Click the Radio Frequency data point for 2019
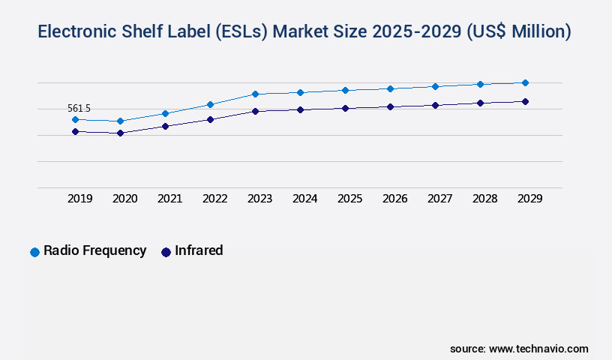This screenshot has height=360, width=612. [x=75, y=119]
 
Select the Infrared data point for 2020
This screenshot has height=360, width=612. [x=120, y=133]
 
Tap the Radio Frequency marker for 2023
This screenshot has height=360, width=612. [x=255, y=94]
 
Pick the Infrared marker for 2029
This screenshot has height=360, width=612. [x=525, y=101]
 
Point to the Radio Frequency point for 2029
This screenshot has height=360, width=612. [x=525, y=82]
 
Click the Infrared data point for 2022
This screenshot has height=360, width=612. [x=210, y=119]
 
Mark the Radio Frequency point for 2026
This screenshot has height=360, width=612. [x=390, y=88]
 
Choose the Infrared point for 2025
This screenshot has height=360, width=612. [x=345, y=108]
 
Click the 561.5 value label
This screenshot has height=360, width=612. [x=79, y=109]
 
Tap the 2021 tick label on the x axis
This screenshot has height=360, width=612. [x=169, y=199]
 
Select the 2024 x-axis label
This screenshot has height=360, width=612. [x=304, y=199]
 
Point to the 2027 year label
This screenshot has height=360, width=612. [x=439, y=199]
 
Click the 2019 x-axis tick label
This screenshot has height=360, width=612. [x=79, y=199]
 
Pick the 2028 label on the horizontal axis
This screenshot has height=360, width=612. [x=484, y=199]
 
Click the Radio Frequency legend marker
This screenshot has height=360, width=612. [x=34, y=252]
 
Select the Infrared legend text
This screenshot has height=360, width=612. [x=199, y=250]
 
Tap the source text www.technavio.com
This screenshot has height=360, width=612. [x=538, y=349]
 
